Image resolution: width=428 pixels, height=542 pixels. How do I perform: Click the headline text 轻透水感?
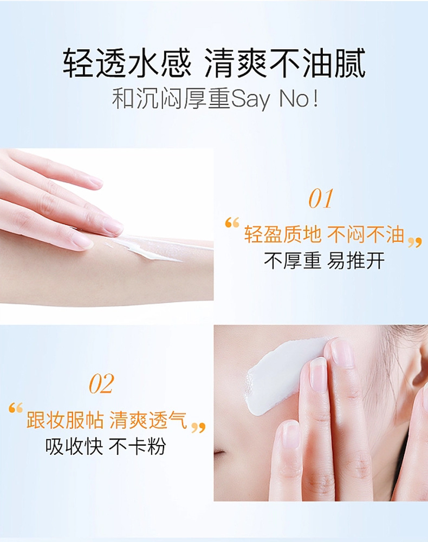(x=127, y=63)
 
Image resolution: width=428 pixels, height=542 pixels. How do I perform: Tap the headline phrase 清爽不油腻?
(x=286, y=63)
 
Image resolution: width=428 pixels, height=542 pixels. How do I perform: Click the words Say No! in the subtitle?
(x=274, y=99)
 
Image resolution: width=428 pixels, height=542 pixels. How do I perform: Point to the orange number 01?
(x=320, y=199)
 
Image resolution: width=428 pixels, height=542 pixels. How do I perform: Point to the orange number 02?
(x=101, y=384)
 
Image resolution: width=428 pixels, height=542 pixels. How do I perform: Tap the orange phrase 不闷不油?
(x=366, y=234)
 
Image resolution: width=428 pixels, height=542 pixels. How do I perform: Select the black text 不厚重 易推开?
(x=324, y=260)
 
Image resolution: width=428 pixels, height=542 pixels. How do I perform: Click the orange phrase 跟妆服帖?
(x=65, y=420)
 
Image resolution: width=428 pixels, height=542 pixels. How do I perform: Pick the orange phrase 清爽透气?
(x=148, y=420)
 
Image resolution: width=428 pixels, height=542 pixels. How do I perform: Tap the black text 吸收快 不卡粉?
(x=106, y=446)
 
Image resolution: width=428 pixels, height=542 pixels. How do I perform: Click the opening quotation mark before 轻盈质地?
(x=232, y=223)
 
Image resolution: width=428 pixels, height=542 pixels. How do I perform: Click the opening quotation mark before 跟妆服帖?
(x=16, y=408)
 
